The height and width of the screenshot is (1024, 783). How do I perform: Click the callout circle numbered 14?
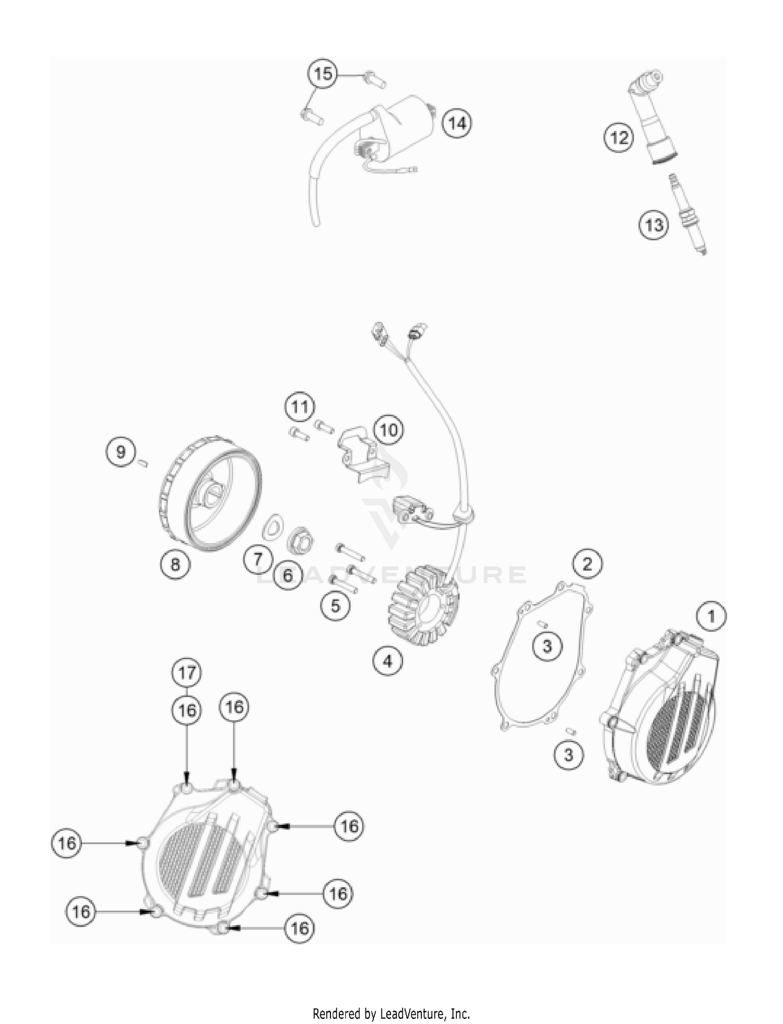click(457, 123)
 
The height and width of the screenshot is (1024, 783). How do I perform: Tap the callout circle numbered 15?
click(323, 74)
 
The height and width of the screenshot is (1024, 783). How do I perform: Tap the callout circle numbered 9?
click(121, 451)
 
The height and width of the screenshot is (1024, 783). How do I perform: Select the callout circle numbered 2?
click(587, 564)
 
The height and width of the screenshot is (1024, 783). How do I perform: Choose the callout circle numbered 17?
click(187, 672)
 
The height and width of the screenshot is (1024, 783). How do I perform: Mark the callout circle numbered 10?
click(388, 430)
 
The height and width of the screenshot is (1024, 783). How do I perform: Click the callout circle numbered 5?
click(335, 606)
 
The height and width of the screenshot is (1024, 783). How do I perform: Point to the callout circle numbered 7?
click(258, 559)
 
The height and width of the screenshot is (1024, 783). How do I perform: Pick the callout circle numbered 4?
click(387, 661)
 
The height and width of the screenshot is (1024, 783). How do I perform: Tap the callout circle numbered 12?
click(619, 138)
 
